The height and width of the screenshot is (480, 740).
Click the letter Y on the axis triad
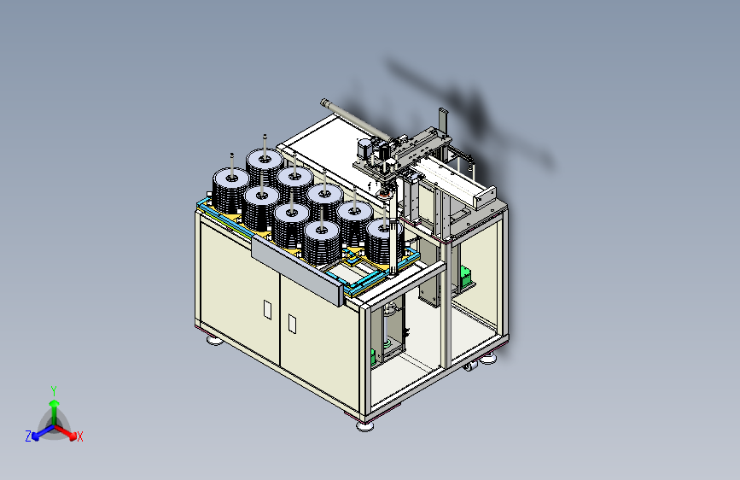54,391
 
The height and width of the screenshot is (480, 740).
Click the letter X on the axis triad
79,436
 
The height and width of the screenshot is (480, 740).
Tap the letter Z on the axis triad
28,436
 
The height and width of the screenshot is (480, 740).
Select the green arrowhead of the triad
55,404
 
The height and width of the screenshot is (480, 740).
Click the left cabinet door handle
268,309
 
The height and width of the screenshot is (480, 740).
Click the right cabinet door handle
292,324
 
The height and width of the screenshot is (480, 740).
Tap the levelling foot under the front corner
364,426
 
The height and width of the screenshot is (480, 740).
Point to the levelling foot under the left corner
215,340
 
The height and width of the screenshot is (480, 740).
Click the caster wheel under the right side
469,366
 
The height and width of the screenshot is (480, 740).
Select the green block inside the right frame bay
466,275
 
